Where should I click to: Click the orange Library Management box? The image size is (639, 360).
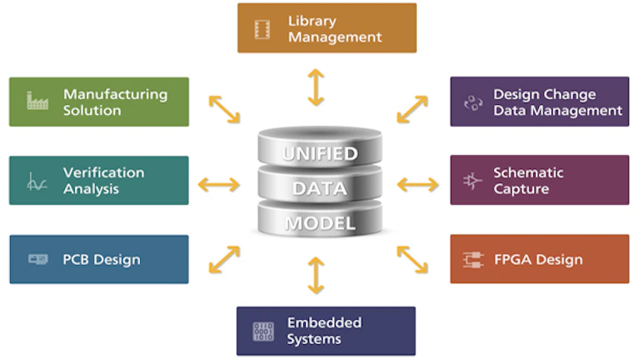point(327,28)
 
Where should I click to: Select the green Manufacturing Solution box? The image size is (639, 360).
point(99,102)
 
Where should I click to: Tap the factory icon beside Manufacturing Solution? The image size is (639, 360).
point(37,102)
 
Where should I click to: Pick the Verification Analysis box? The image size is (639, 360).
point(99,180)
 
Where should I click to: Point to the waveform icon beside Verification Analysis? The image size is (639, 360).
point(37,181)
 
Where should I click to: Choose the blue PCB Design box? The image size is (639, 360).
point(99,259)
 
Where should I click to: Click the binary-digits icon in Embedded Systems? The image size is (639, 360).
point(263,331)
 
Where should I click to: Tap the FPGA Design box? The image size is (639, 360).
point(539,259)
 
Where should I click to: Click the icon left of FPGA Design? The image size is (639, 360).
point(473,259)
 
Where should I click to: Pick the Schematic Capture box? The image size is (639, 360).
point(539,180)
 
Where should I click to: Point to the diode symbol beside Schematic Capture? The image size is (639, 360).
point(473,181)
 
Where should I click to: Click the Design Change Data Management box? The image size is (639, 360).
point(539,102)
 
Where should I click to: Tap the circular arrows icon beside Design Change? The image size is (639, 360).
point(473,102)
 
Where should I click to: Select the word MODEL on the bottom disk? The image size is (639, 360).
point(320,223)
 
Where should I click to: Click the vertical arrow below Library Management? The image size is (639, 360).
point(316,87)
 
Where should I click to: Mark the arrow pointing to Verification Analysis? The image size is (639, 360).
point(218,184)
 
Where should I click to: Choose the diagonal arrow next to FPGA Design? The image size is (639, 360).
point(412,259)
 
